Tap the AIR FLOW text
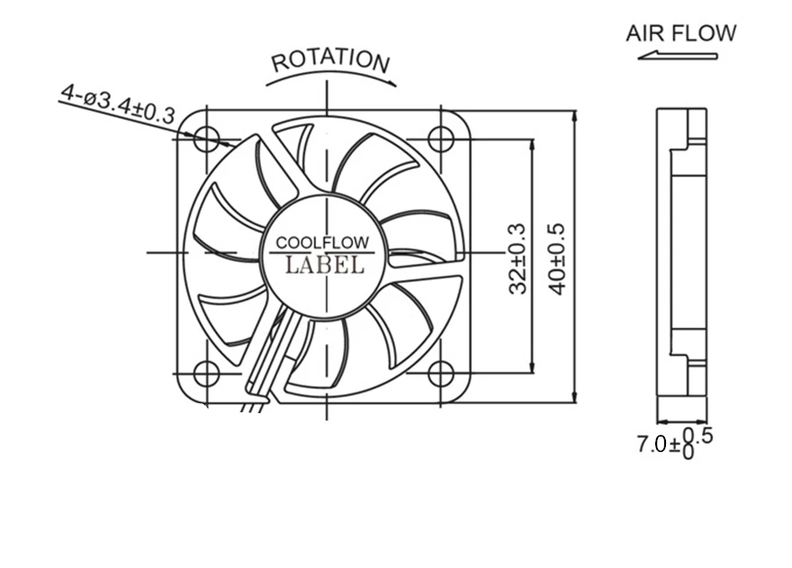(680, 34)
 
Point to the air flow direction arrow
(677, 56)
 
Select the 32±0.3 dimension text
(517, 258)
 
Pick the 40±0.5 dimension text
(557, 258)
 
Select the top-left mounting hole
(207, 139)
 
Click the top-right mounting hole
(440, 139)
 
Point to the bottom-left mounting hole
(207, 373)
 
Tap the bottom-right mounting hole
(440, 373)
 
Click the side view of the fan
(681, 253)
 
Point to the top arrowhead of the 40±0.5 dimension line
(574, 117)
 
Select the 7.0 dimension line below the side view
(681, 420)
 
